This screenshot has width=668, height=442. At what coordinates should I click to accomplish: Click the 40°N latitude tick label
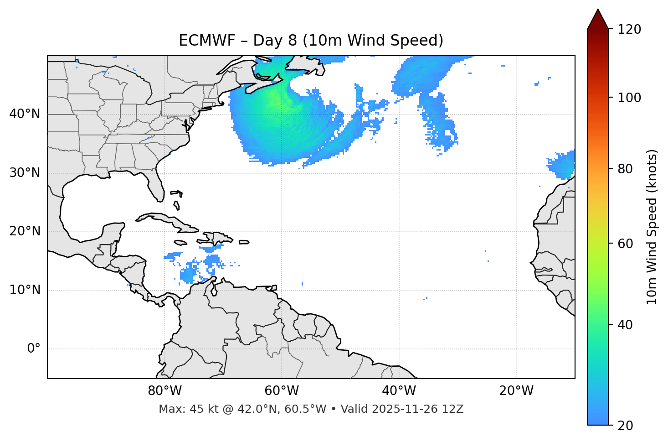coord(25,114)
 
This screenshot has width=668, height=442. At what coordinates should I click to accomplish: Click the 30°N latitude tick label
coord(25,173)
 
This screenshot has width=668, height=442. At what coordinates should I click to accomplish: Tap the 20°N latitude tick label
coord(25,231)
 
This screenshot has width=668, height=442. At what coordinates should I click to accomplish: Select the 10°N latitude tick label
coord(25,290)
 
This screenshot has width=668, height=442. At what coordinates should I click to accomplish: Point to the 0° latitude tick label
coord(34,349)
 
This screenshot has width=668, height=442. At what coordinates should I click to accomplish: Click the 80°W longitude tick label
coord(164,391)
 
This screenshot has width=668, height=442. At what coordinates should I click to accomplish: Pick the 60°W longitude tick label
coord(282,391)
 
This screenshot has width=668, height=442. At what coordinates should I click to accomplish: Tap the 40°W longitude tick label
coord(399,391)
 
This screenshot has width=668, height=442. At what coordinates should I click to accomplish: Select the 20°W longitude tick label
coord(516,391)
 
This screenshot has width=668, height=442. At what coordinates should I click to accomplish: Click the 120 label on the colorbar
coord(629,30)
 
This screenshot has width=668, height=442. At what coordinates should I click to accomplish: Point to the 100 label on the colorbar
coord(629,98)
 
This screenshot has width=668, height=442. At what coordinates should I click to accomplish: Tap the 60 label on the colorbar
coord(626,244)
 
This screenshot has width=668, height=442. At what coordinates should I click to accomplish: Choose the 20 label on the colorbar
coord(626,426)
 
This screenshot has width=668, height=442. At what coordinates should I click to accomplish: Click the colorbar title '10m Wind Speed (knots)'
coord(652,227)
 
